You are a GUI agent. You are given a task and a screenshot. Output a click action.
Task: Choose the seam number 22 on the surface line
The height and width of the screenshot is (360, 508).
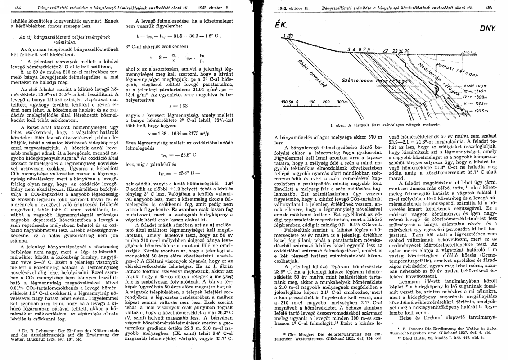click(385, 50)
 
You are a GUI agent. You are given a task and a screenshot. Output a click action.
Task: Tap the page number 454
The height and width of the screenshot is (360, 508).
click(19, 8)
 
